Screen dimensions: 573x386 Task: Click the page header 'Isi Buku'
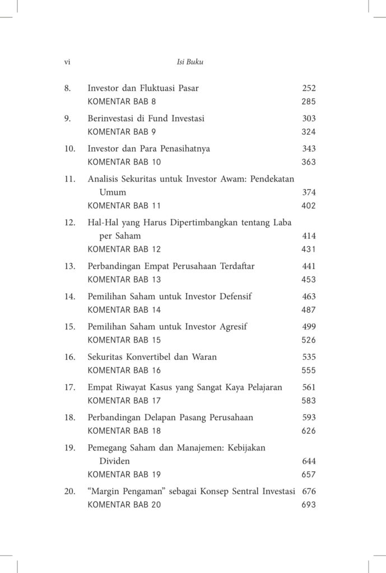pyautogui.click(x=190, y=62)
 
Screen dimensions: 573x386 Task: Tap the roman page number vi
pyautogui.click(x=67, y=62)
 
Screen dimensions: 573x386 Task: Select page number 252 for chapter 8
pyautogui.click(x=309, y=88)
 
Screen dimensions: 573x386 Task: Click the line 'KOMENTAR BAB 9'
pyautogui.click(x=122, y=132)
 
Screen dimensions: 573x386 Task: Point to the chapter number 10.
pyautogui.click(x=69, y=149)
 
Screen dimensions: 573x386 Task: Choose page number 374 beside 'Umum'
pyautogui.click(x=309, y=192)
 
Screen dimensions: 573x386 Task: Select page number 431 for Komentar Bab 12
pyautogui.click(x=309, y=250)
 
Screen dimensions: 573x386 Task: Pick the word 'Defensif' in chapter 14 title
pyautogui.click(x=235, y=297)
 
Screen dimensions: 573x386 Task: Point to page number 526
pyautogui.click(x=309, y=340)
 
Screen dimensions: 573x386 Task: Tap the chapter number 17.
pyautogui.click(x=69, y=387)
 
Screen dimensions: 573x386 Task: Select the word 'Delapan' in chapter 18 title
pyautogui.click(x=164, y=417)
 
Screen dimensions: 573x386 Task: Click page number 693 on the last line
pyautogui.click(x=309, y=505)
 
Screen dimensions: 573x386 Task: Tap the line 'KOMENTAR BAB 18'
pyautogui.click(x=124, y=431)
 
